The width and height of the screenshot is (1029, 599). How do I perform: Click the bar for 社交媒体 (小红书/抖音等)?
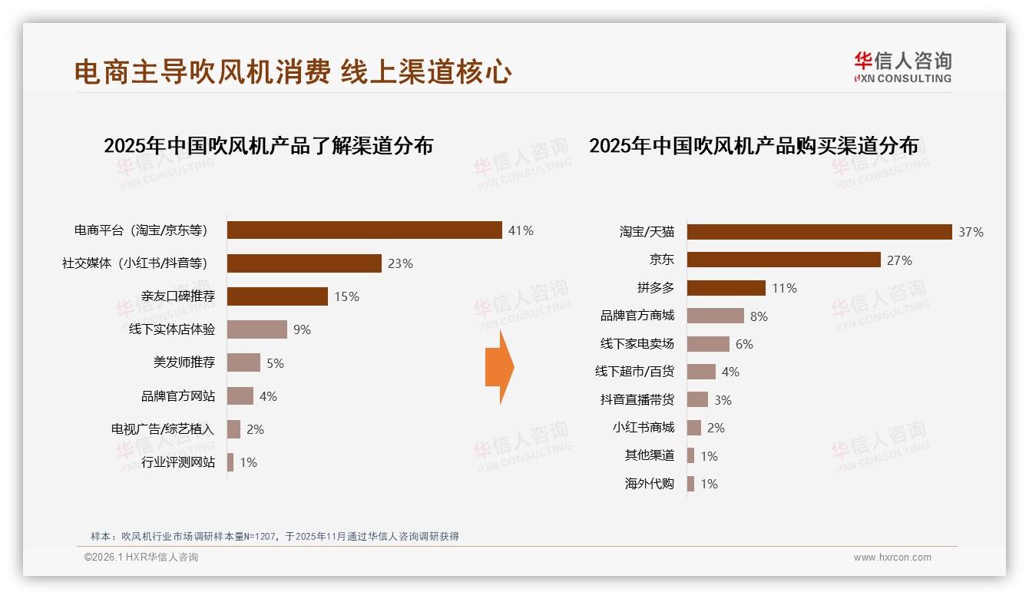click(x=304, y=263)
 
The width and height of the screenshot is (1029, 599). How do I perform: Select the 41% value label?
click(x=521, y=230)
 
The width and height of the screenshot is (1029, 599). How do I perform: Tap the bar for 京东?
click(x=783, y=260)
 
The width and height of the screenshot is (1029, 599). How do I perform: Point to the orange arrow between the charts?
click(x=499, y=367)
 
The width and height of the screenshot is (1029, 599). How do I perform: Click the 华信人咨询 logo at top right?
click(x=902, y=67)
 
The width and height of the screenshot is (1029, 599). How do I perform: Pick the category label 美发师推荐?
click(x=184, y=362)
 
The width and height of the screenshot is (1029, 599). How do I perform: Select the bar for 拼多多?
click(x=726, y=288)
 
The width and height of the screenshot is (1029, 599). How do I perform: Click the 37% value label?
click(x=971, y=232)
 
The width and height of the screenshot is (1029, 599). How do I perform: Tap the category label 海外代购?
click(x=650, y=484)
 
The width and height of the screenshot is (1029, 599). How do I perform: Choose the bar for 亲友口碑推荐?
click(x=277, y=296)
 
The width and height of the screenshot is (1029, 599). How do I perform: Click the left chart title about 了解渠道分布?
click(x=268, y=145)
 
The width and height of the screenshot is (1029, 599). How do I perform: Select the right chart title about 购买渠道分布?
click(x=753, y=145)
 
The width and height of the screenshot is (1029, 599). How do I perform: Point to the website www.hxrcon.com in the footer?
click(x=892, y=558)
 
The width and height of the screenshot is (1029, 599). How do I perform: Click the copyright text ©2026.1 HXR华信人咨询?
click(x=141, y=558)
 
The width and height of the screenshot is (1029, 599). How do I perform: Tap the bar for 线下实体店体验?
click(x=256, y=329)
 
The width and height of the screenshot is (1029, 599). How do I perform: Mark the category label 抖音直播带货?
click(x=637, y=399)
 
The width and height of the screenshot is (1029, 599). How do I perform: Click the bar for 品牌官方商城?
click(x=715, y=316)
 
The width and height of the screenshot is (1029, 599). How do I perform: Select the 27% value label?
click(x=899, y=260)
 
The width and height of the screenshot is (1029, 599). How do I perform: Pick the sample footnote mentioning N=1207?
click(x=275, y=536)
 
